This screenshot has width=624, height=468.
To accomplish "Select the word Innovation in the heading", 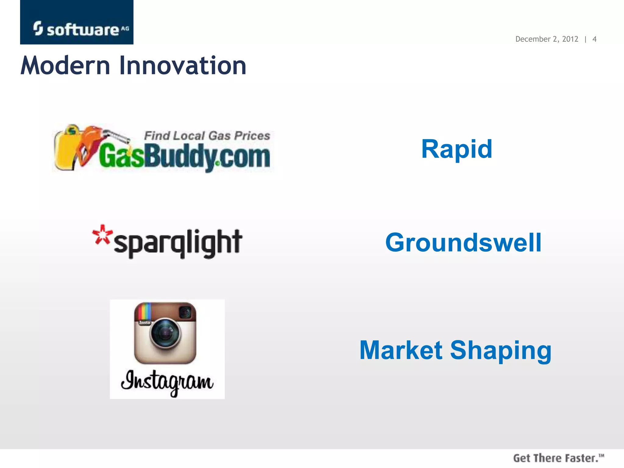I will [183, 66].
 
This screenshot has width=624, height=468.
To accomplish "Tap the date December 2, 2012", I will [547, 39].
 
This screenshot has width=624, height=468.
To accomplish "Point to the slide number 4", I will [594, 39].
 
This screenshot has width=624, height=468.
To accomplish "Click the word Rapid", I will [456, 149].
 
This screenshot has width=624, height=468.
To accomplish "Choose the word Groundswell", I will [463, 243].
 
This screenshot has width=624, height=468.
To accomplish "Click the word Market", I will [401, 350].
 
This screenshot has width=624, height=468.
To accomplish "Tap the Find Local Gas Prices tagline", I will [207, 136].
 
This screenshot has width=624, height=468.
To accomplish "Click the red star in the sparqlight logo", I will [102, 234].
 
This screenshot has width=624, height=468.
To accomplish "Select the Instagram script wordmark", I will [167, 382].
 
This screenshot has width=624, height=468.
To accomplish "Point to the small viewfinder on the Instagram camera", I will [185, 312].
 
